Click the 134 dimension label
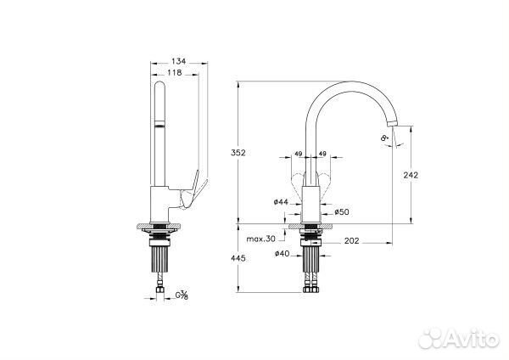[x=178, y=61]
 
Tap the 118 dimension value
[x=175, y=73]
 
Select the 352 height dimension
[x=238, y=152]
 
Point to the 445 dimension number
[x=238, y=258]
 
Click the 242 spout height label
[x=411, y=175]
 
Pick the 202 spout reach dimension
[x=351, y=241]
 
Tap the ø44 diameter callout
[x=281, y=202]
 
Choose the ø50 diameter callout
[x=342, y=212]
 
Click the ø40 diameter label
[x=282, y=254]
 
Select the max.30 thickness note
[x=260, y=239]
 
